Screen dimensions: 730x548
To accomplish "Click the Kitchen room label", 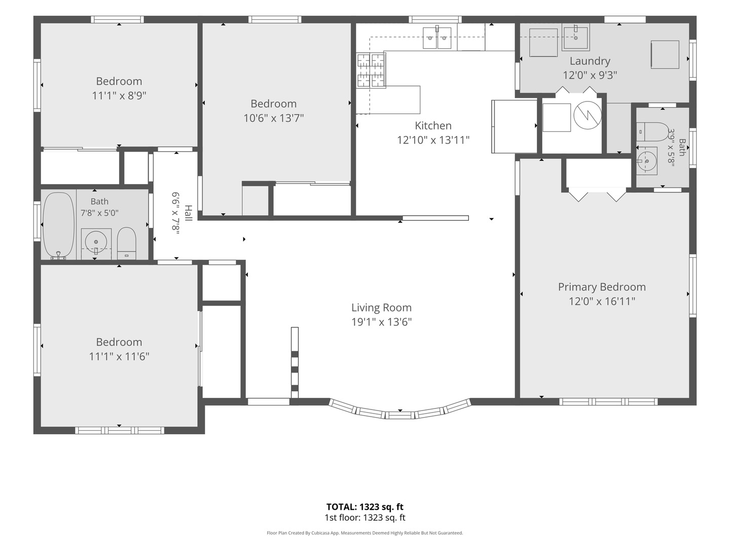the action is click(433, 125).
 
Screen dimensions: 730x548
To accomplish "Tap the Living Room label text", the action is click(381, 307).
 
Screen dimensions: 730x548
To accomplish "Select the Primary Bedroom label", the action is click(602, 287).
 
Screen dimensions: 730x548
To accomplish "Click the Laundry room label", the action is click(590, 61).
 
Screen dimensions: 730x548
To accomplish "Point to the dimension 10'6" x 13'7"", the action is click(273, 118).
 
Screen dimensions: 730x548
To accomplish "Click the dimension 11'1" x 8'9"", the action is click(119, 96).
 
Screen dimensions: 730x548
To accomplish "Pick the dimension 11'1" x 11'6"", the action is click(119, 357).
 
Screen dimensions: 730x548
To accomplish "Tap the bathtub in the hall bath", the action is click(59, 225).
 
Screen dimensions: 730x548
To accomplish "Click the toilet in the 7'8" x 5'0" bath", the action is click(127, 243).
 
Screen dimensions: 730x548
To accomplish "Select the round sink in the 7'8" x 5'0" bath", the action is click(96, 242).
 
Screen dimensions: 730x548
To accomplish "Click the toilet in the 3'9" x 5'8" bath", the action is click(652, 132).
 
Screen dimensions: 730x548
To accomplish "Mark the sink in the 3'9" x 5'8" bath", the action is click(647, 161).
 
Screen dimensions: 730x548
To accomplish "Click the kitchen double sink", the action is click(437, 38).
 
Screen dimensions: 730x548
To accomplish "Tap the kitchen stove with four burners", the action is click(371, 70).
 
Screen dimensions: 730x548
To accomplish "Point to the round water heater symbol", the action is click(588, 116).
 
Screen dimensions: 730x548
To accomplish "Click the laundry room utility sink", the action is click(576, 37).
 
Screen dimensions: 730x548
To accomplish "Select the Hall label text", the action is click(188, 213).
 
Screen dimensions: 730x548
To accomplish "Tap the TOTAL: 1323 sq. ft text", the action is click(365, 507).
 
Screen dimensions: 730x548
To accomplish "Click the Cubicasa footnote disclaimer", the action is click(365, 533).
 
